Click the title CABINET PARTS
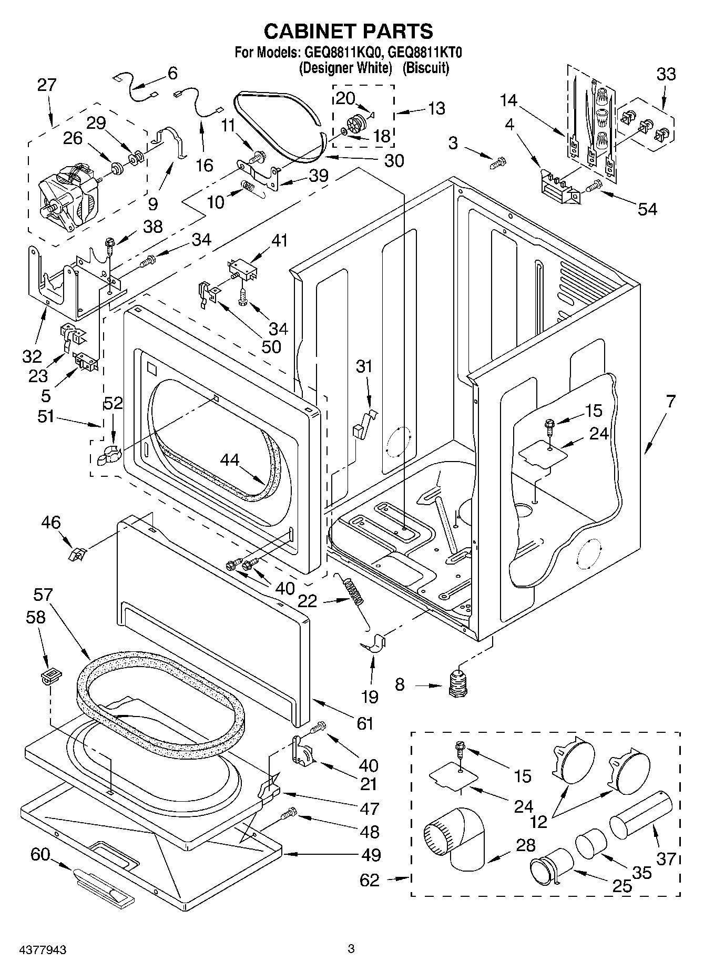[348, 32]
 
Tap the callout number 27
[46, 86]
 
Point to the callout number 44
[229, 459]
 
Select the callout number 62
[369, 879]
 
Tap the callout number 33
[666, 74]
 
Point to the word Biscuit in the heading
[425, 68]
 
